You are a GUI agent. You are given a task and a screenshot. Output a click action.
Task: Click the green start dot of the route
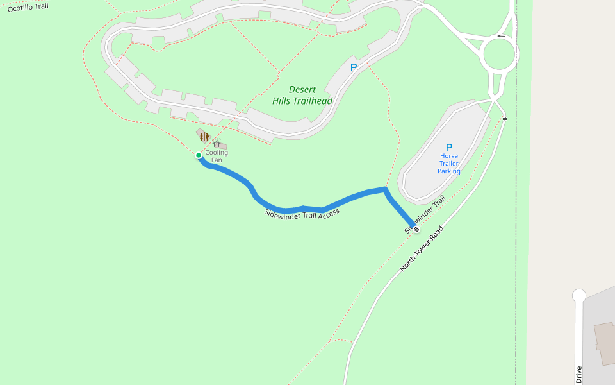pos(199,155)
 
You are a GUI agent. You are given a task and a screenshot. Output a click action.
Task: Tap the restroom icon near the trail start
pos(204,136)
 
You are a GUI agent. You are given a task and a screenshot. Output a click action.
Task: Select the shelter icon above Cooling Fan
pos(217,144)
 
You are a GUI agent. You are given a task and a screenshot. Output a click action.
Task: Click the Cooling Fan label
pos(217,156)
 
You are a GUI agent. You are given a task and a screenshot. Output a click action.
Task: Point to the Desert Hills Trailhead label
pos(302,96)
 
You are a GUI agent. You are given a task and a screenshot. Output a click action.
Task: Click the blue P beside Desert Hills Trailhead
pos(353,67)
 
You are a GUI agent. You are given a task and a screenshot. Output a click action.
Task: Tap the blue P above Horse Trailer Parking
pos(449,147)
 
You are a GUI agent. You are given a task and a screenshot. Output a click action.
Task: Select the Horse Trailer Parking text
pos(449,164)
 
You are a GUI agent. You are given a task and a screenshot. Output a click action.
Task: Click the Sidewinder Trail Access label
pos(302,213)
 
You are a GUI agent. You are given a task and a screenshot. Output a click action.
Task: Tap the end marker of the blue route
pos(416,228)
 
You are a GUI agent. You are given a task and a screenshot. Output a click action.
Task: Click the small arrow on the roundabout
pos(501,36)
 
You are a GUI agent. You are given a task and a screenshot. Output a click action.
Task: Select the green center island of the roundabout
pos(499,55)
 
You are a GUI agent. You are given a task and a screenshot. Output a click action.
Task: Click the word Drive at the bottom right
pos(579,375)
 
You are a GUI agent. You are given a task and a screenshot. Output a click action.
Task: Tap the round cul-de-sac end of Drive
pos(579,295)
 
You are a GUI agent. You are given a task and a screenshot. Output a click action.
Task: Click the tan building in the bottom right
pos(604,343)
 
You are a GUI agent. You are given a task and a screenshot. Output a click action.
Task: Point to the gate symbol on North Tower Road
pos(505,119)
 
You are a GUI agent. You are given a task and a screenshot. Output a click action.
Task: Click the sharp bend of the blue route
pos(386,189)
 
